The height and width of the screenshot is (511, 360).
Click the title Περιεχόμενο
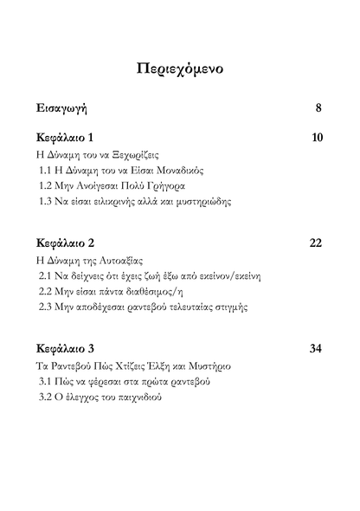(x=180, y=70)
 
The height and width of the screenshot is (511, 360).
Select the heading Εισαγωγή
(x=61, y=109)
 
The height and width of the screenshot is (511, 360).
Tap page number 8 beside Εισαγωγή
(x=318, y=108)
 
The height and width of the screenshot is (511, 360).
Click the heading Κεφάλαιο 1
(x=66, y=139)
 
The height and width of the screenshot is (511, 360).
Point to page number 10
(x=316, y=139)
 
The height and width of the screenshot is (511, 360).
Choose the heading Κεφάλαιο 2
(x=67, y=243)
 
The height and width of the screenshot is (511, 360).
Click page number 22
(x=316, y=243)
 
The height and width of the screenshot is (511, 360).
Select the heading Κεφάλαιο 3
(x=67, y=348)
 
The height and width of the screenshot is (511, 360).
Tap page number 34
(x=316, y=348)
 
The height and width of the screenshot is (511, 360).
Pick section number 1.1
(x=48, y=171)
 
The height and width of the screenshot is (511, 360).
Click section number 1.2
(x=48, y=186)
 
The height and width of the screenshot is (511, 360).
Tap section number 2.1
(x=48, y=275)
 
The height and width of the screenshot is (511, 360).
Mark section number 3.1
(x=48, y=380)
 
